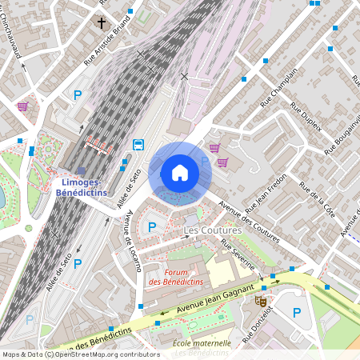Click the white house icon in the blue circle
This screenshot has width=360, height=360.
coord(180,172)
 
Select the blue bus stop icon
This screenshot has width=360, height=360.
coord(138,145)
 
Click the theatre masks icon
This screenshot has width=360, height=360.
coord(260,301)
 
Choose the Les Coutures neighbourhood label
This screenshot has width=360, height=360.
coord(212,230)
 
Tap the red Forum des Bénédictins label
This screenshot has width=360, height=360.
coord(175,277)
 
